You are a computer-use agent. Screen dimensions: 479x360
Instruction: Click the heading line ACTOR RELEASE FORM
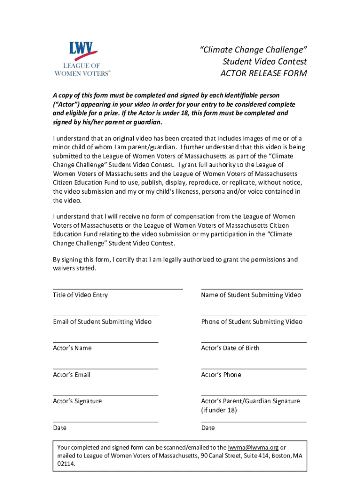[264, 73]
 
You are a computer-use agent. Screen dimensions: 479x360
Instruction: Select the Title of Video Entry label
[80, 295]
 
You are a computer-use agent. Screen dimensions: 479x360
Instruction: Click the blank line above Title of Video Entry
[117, 289]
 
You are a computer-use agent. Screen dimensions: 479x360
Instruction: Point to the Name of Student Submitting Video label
[251, 295]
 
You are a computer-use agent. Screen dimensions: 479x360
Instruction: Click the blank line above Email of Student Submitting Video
[105, 316]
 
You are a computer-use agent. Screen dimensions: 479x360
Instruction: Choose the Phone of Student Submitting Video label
[252, 321]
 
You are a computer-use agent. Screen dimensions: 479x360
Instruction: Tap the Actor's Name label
[72, 348]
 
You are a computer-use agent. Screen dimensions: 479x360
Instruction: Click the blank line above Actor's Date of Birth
[253, 342]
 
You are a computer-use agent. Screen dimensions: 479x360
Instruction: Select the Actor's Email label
[72, 375]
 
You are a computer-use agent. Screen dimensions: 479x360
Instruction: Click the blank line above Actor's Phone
[253, 369]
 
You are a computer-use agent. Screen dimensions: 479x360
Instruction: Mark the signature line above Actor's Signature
[105, 396]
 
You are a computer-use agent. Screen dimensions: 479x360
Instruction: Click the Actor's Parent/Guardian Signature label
[250, 401]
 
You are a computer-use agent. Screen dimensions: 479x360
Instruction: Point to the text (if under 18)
[219, 410]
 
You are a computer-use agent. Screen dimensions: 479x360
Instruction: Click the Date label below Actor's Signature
[60, 428]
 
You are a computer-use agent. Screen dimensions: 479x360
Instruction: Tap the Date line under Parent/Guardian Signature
[253, 422]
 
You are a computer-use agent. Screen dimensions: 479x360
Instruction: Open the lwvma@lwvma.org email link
[253, 447]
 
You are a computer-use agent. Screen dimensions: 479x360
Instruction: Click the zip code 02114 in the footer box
[65, 464]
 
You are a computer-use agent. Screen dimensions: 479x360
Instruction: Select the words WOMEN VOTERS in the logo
[82, 73]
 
